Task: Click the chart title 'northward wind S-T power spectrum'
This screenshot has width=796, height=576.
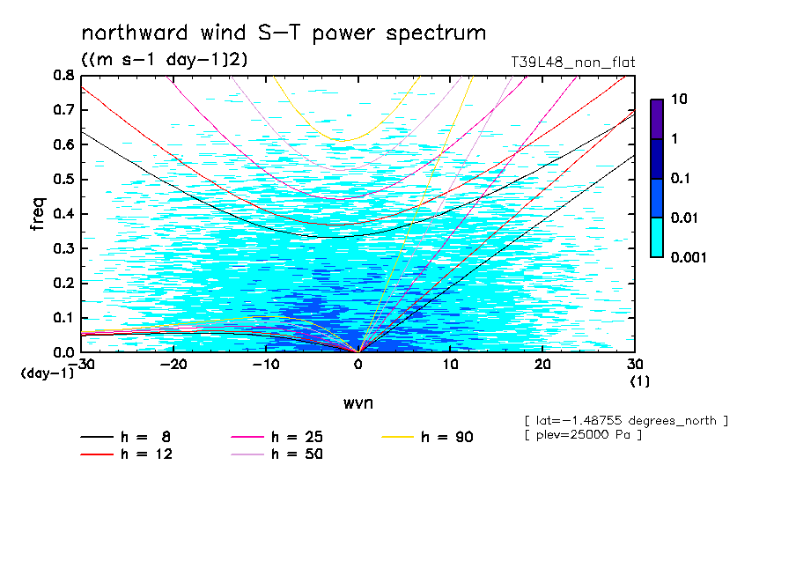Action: point(283,33)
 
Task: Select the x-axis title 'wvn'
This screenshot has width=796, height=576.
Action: point(357,402)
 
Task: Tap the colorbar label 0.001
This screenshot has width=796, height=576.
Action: point(689,257)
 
